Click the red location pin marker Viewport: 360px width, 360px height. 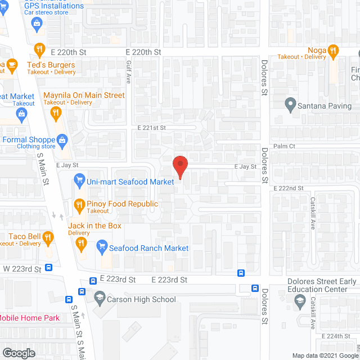point(179,167)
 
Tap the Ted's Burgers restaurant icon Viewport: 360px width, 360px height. point(39,49)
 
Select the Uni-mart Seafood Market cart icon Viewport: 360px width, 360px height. point(79,182)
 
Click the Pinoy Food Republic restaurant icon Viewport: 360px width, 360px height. point(79,205)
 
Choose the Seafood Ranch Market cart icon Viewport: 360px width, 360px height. point(102,246)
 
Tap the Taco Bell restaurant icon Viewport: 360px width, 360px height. point(48,237)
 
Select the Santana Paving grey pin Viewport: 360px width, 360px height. point(290,105)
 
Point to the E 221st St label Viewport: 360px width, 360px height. point(152,128)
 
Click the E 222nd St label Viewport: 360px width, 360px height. point(289,188)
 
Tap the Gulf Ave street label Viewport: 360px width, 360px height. point(128,73)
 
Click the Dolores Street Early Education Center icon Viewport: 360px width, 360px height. point(299,304)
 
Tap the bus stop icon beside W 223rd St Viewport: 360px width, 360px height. point(49,268)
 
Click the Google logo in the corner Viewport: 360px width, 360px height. point(18,353)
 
